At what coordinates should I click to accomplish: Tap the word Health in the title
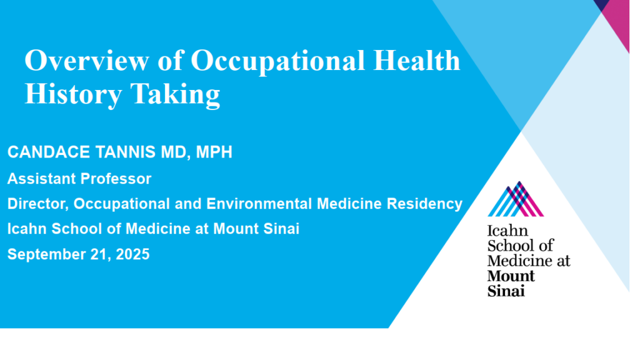[x=417, y=60]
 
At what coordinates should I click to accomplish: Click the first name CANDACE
[x=49, y=152]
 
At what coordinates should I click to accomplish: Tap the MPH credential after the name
[x=214, y=152]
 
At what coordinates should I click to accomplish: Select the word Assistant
[x=41, y=179]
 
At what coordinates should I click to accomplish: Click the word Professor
[x=116, y=179]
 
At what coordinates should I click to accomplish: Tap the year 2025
[x=132, y=254]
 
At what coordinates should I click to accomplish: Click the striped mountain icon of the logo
[x=516, y=199]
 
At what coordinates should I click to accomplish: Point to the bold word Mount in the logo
[x=511, y=276]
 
